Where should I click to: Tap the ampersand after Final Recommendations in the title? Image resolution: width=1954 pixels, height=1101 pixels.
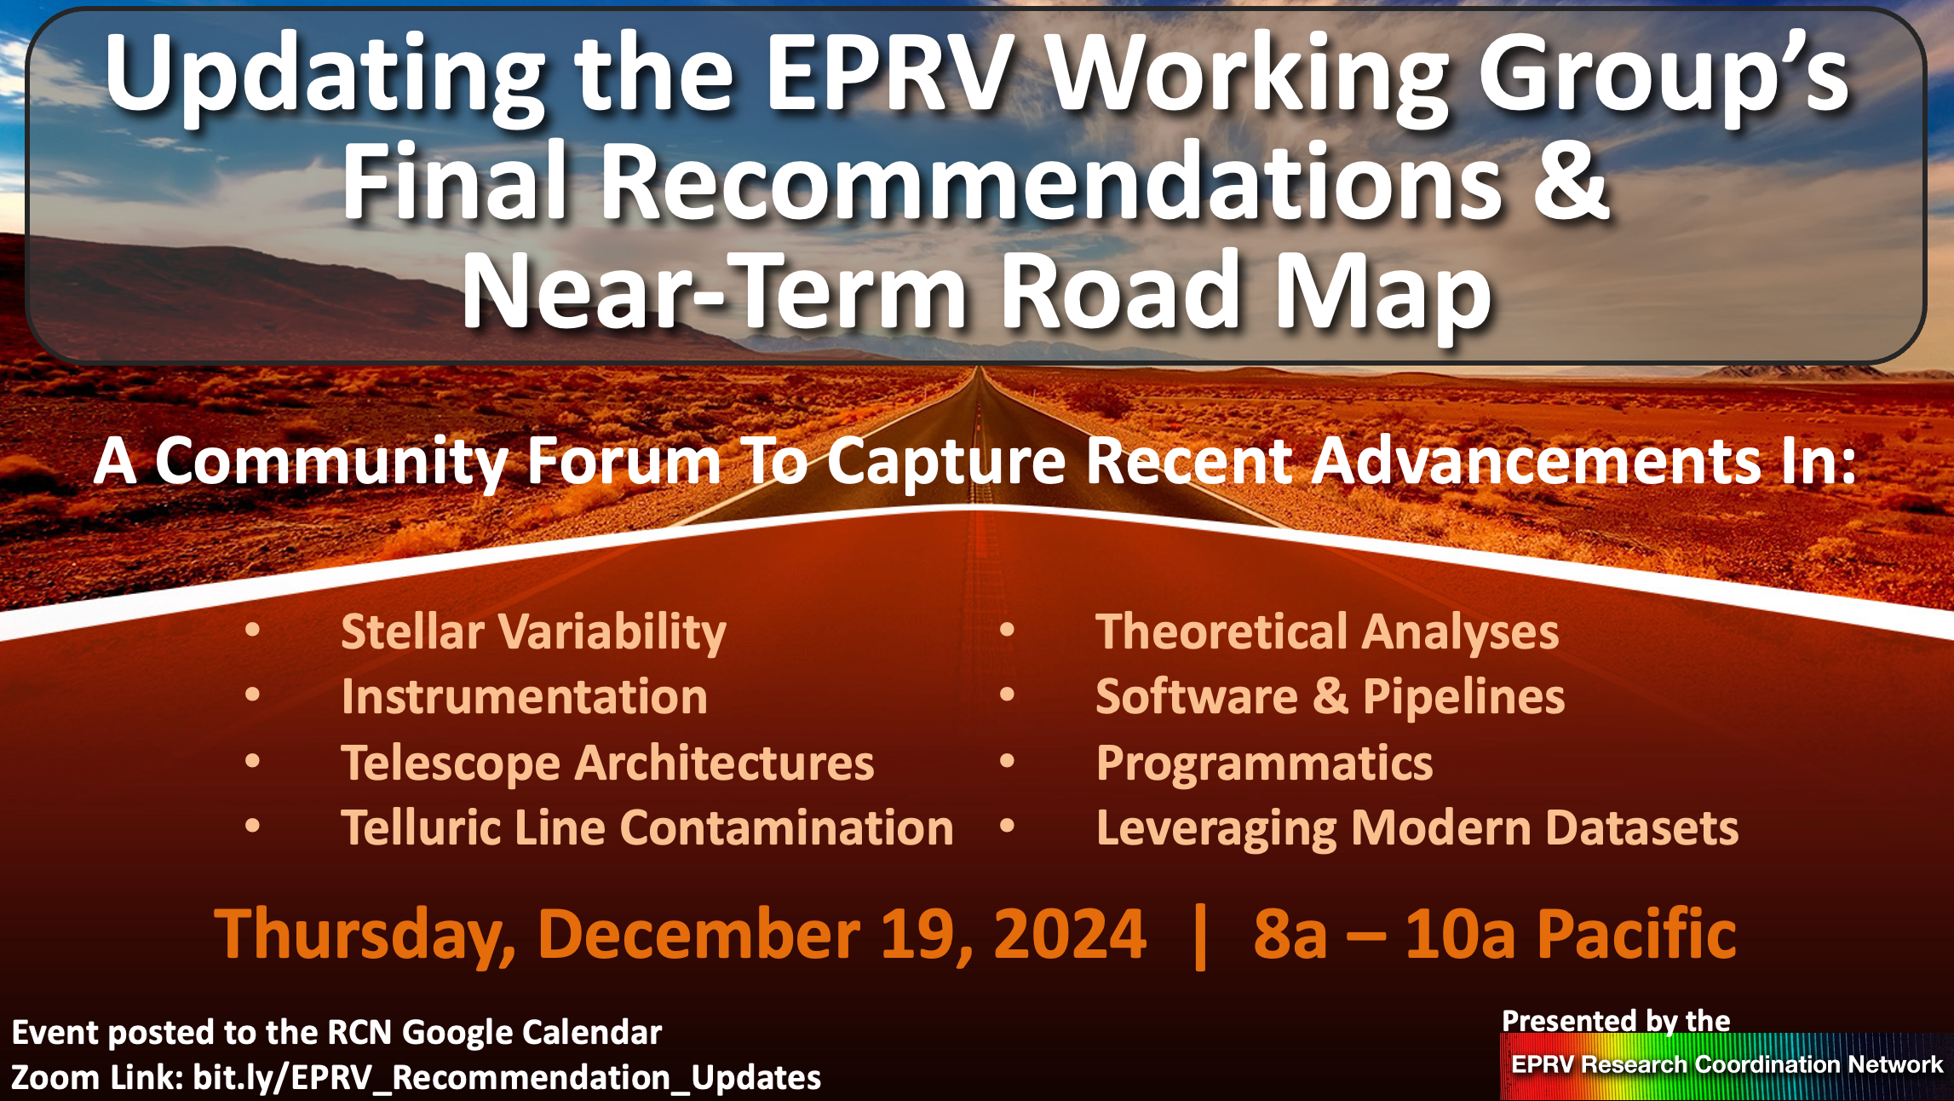[x=1569, y=181]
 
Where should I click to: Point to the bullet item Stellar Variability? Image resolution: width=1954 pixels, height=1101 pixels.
[x=533, y=632]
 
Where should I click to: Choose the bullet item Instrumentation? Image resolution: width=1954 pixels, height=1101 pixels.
[x=525, y=697]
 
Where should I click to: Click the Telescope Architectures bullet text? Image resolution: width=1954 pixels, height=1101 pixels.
[x=607, y=763]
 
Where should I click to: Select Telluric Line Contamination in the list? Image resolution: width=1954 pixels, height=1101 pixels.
[x=647, y=827]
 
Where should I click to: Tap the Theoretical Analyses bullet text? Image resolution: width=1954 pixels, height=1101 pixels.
[x=1327, y=632]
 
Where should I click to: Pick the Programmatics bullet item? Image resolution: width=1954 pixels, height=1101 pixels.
[x=1264, y=763]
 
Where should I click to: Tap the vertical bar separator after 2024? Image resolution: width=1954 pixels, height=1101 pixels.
[x=1201, y=937]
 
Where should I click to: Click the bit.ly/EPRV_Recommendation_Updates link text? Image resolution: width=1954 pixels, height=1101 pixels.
[x=507, y=1078]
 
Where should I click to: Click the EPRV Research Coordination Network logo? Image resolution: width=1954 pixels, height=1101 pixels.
[x=1727, y=1065]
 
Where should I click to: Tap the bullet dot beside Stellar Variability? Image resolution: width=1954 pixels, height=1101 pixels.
[x=252, y=631]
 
